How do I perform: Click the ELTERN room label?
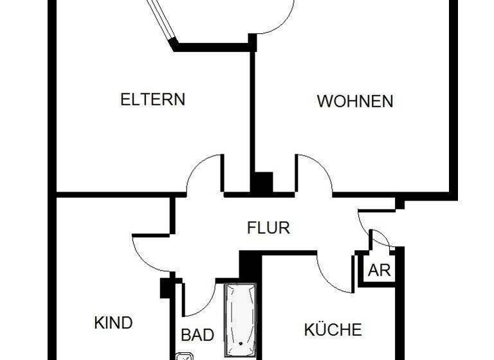(153, 100)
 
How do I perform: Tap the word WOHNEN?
(355, 101)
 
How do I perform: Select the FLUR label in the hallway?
(269, 227)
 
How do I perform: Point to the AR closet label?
(380, 270)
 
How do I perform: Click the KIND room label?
(113, 323)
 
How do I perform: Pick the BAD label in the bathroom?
(197, 335)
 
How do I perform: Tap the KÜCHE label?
(333, 330)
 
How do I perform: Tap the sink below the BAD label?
(185, 355)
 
